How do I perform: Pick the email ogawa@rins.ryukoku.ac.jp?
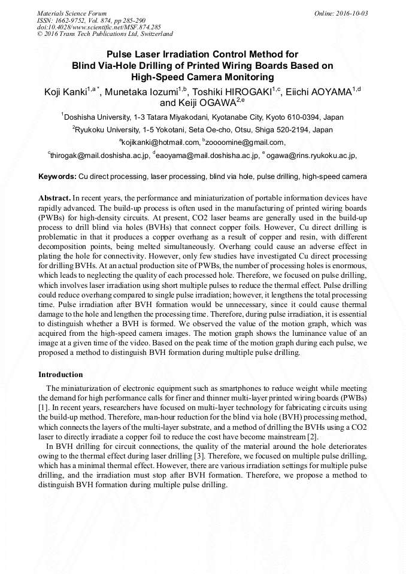coord(314,156)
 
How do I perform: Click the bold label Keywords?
coord(57,177)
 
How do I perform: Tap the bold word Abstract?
coord(54,197)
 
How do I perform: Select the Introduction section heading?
coord(60,374)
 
